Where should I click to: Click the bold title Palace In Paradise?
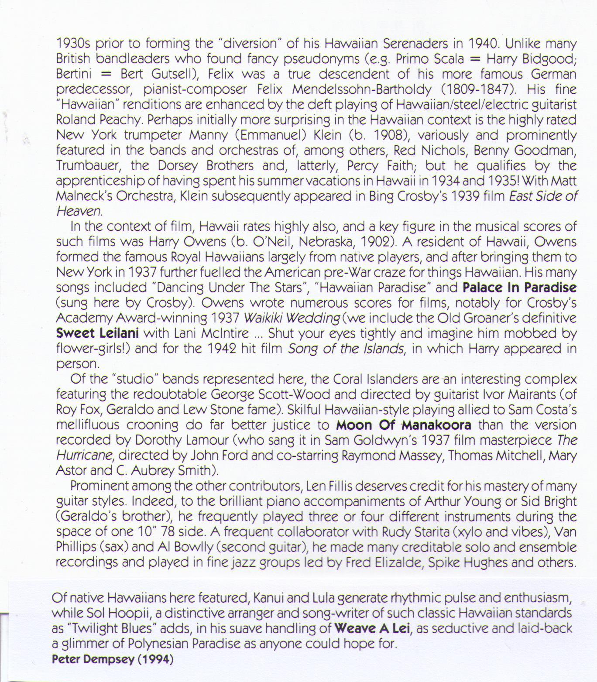pos(519,288)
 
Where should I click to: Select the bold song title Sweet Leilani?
pos(97,333)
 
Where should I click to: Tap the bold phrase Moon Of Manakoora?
pos(404,425)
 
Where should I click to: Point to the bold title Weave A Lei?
pos(373,628)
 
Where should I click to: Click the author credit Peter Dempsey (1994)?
pos(113,659)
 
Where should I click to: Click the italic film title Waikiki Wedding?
pos(291,318)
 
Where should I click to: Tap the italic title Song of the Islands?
pos(346,349)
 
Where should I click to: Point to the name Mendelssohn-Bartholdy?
pos(362,89)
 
